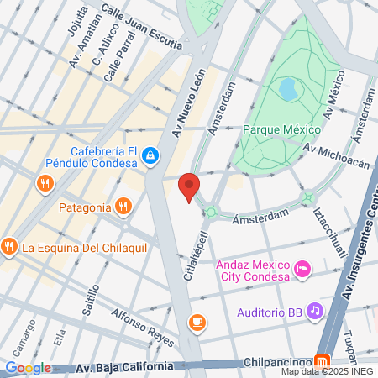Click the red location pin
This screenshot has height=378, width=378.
[190, 186]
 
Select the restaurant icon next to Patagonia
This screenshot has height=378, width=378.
[123, 206]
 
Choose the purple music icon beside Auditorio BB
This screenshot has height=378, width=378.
[315, 311]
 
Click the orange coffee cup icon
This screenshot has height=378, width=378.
[197, 321]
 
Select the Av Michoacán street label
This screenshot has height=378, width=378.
[336, 155]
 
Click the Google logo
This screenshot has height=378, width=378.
[28, 367]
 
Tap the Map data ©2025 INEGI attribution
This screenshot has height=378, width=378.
[328, 371]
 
